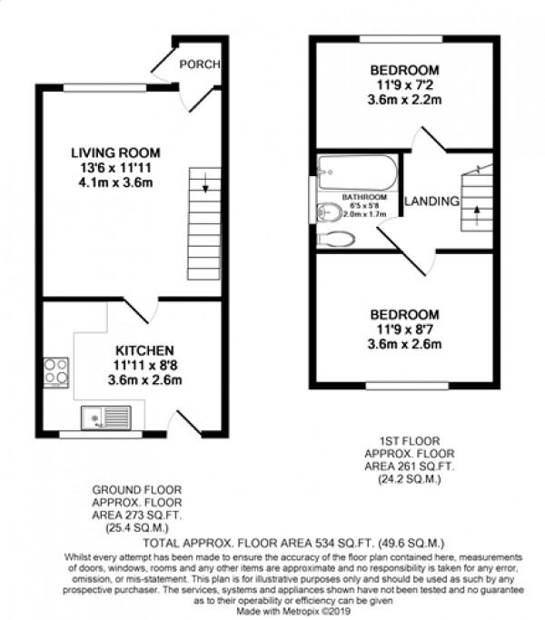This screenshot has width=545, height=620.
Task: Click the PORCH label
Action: pos(195,64)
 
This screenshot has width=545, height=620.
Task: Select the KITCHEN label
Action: pos(144,350)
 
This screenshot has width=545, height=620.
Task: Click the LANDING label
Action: pos(431,201)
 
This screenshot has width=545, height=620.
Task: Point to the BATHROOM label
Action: pos(364,197)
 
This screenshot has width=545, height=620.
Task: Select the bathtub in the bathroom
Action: pos(357,172)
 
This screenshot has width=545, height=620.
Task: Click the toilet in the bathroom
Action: pos(339,238)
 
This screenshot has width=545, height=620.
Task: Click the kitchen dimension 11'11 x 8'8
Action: pos(144,366)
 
